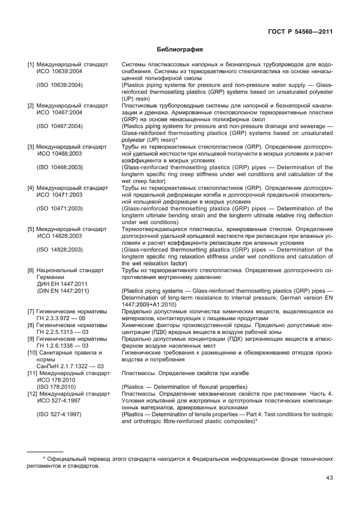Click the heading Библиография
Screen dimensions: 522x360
tap(180, 50)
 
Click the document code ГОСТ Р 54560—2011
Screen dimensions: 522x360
tap(300, 31)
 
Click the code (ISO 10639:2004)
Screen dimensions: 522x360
tap(59, 85)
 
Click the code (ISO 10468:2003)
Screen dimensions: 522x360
tap(59, 168)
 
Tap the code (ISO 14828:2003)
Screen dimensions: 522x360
tap(59, 250)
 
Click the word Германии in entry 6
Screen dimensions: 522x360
tap(51, 277)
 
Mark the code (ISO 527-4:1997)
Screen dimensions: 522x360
tap(59, 415)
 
